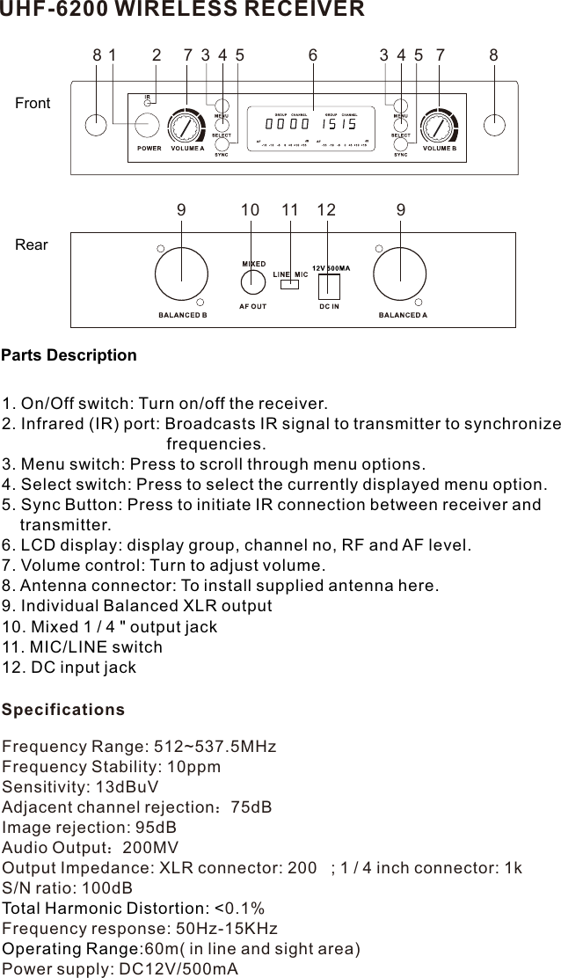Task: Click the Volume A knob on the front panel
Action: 186,127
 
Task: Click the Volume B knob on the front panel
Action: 439,127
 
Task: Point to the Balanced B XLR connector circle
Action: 181,274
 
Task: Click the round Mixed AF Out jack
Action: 252,281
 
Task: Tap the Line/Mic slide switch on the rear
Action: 289,284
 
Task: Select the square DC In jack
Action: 329,285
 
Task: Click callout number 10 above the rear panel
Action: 250,210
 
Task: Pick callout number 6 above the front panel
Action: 313,55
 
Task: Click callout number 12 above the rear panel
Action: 326,210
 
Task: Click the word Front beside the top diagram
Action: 33,104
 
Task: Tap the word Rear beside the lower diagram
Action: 32,244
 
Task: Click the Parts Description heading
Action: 69,355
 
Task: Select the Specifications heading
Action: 63,709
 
